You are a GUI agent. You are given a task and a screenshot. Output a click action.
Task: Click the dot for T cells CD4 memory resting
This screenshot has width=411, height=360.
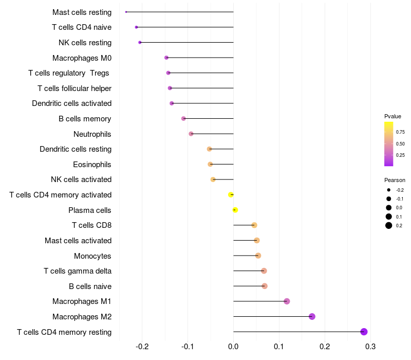point(364,332)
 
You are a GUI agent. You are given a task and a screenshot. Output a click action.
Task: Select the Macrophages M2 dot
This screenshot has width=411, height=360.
point(312,316)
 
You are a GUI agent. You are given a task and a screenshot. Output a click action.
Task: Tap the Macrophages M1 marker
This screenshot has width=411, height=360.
point(287,301)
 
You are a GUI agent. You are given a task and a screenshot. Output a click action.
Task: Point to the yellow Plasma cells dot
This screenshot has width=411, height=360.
point(235,210)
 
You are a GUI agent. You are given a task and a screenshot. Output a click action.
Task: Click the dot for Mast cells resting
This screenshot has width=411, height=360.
point(126,12)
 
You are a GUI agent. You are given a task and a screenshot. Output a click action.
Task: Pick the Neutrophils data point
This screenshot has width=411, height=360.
point(191,134)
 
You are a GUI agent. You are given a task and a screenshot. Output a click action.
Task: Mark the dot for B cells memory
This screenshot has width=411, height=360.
point(183,119)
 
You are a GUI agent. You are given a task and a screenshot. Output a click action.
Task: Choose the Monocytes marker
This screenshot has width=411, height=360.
point(258,256)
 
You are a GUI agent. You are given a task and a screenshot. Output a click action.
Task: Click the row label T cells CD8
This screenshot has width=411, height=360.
point(91,225)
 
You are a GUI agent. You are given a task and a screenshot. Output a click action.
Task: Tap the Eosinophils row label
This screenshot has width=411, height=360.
point(92,165)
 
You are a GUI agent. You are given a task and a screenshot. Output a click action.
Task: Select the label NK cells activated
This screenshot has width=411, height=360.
point(81,179)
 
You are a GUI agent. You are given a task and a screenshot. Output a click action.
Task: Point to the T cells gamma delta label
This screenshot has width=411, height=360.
point(78,271)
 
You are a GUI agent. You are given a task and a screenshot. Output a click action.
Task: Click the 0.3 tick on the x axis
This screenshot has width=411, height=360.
point(370,347)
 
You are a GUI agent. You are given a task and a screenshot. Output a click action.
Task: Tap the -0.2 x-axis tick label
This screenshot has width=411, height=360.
point(142,347)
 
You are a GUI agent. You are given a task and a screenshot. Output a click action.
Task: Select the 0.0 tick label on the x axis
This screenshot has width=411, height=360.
point(233,347)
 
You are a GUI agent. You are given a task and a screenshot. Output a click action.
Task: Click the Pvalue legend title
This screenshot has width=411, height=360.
point(393,116)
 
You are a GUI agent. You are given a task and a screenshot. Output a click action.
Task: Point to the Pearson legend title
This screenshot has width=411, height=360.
point(395,180)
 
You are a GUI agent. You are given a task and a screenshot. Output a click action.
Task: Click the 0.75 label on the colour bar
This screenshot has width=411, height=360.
point(400,132)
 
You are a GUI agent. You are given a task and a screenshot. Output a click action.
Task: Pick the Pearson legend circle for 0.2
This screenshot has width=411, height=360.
point(389,226)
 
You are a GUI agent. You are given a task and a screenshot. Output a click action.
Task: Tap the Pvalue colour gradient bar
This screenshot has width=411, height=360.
point(389,144)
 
